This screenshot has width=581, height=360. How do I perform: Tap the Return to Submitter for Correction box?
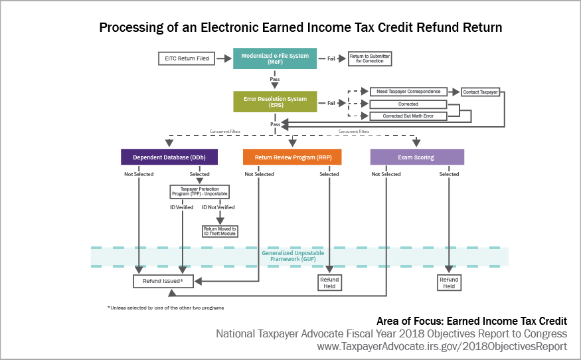click(370, 59)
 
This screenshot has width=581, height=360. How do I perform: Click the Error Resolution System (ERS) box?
click(275, 102)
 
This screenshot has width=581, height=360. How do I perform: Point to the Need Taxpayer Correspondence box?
click(408, 92)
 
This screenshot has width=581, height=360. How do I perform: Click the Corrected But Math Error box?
click(408, 116)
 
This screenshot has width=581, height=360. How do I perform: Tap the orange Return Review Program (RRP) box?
click(292, 157)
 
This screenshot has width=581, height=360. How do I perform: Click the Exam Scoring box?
click(416, 157)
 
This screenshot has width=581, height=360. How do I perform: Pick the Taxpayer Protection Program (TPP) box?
click(200, 192)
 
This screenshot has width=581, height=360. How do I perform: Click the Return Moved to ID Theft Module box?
click(220, 231)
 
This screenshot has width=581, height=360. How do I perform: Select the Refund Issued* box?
click(163, 282)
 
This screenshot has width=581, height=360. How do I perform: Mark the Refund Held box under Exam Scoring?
click(449, 283)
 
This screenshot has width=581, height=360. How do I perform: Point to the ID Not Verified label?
click(218, 207)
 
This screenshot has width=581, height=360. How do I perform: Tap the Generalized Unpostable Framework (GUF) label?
click(288, 256)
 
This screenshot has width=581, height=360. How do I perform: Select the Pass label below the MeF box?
click(275, 79)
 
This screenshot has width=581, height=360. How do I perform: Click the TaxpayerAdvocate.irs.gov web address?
click(442, 346)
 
